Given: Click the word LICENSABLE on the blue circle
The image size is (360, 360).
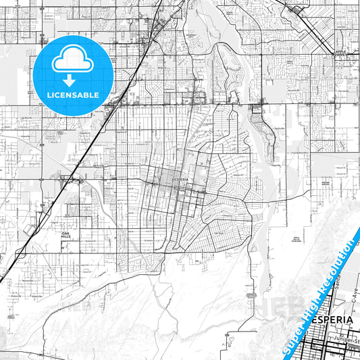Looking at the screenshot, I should point(72,95).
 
